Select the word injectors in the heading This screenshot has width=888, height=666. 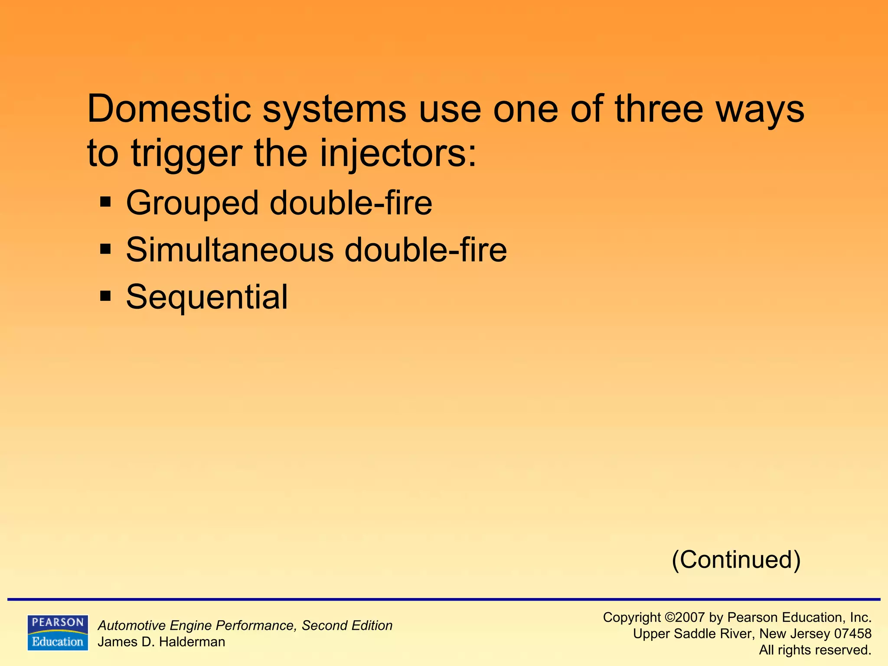pyautogui.click(x=398, y=154)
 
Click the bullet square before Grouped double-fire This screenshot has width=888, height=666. pyautogui.click(x=105, y=202)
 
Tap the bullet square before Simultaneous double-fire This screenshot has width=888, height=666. pyautogui.click(x=105, y=249)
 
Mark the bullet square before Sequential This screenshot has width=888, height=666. pyautogui.click(x=105, y=297)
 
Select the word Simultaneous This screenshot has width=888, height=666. pyautogui.click(x=230, y=250)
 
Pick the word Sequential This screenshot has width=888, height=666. pyautogui.click(x=207, y=298)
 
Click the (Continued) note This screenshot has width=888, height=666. pyautogui.click(x=736, y=560)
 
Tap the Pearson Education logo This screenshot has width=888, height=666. pyautogui.click(x=58, y=633)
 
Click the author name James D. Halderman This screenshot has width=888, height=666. pyautogui.click(x=161, y=642)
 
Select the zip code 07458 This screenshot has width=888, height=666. pyautogui.click(x=852, y=634)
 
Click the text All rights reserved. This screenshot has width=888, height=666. pyautogui.click(x=815, y=650)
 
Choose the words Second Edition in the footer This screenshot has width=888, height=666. pyautogui.click(x=347, y=626)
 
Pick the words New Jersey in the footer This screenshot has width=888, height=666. pyautogui.click(x=794, y=634)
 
